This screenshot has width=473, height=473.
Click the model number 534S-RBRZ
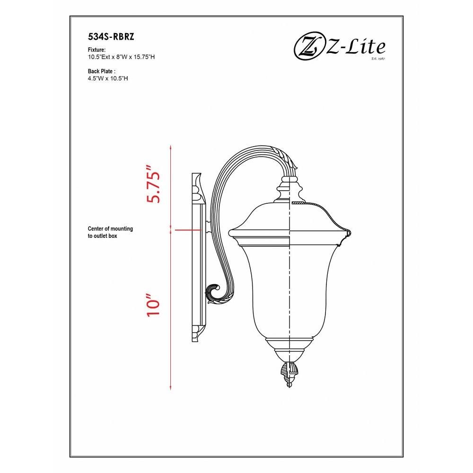(111, 36)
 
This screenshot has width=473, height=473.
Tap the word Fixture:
(96, 50)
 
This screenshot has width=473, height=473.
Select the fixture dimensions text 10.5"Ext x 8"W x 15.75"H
(121, 57)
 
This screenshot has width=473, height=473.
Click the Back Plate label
(102, 71)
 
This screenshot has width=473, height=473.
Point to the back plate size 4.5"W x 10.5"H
(108, 79)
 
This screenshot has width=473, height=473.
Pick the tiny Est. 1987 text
(378, 58)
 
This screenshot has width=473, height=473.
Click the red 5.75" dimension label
(153, 184)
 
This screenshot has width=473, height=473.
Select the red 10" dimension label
(153, 304)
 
